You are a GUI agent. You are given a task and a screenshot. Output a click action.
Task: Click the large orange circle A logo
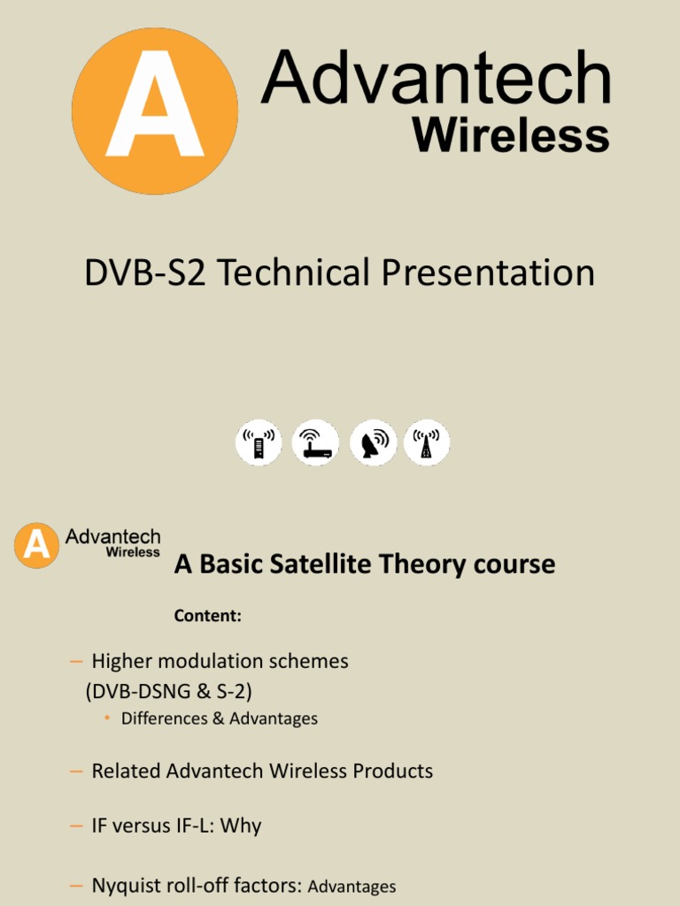155,111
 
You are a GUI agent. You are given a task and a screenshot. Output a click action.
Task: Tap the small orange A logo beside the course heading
37,545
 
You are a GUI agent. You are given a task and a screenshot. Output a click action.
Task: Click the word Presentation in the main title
488,273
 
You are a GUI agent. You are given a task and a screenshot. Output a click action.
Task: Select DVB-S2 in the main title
145,273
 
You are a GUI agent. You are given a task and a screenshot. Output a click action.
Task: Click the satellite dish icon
374,443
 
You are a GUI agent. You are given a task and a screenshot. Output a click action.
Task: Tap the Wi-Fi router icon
316,443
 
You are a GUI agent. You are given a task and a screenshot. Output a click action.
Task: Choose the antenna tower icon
427,443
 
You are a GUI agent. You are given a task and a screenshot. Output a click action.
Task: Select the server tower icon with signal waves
259,443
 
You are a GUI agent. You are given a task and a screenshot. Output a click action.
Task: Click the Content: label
207,617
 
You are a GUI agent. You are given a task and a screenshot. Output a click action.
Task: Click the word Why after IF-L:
241,825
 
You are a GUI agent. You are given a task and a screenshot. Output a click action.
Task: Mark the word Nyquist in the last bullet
124,885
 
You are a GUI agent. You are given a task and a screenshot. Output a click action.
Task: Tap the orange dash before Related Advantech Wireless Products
76,771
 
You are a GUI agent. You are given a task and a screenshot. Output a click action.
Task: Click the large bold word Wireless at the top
511,136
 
